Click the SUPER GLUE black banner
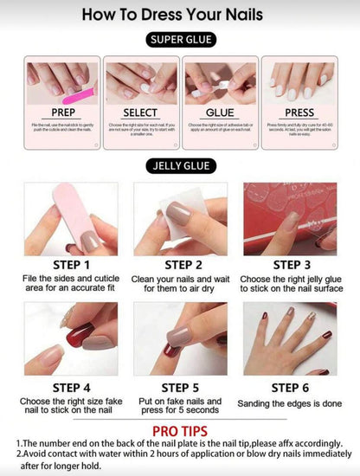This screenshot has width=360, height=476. pyautogui.click(x=180, y=40)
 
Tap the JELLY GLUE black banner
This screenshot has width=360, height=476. pyautogui.click(x=180, y=166)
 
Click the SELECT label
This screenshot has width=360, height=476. pyautogui.click(x=139, y=113)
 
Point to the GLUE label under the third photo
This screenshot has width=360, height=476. pyautogui.click(x=220, y=113)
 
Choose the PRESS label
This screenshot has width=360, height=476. pyautogui.click(x=299, y=113)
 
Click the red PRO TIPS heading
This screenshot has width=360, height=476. pyautogui.click(x=180, y=431)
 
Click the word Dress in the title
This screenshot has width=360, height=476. pyautogui.click(x=177, y=14)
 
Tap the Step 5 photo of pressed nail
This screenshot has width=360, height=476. pyautogui.click(x=179, y=338)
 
